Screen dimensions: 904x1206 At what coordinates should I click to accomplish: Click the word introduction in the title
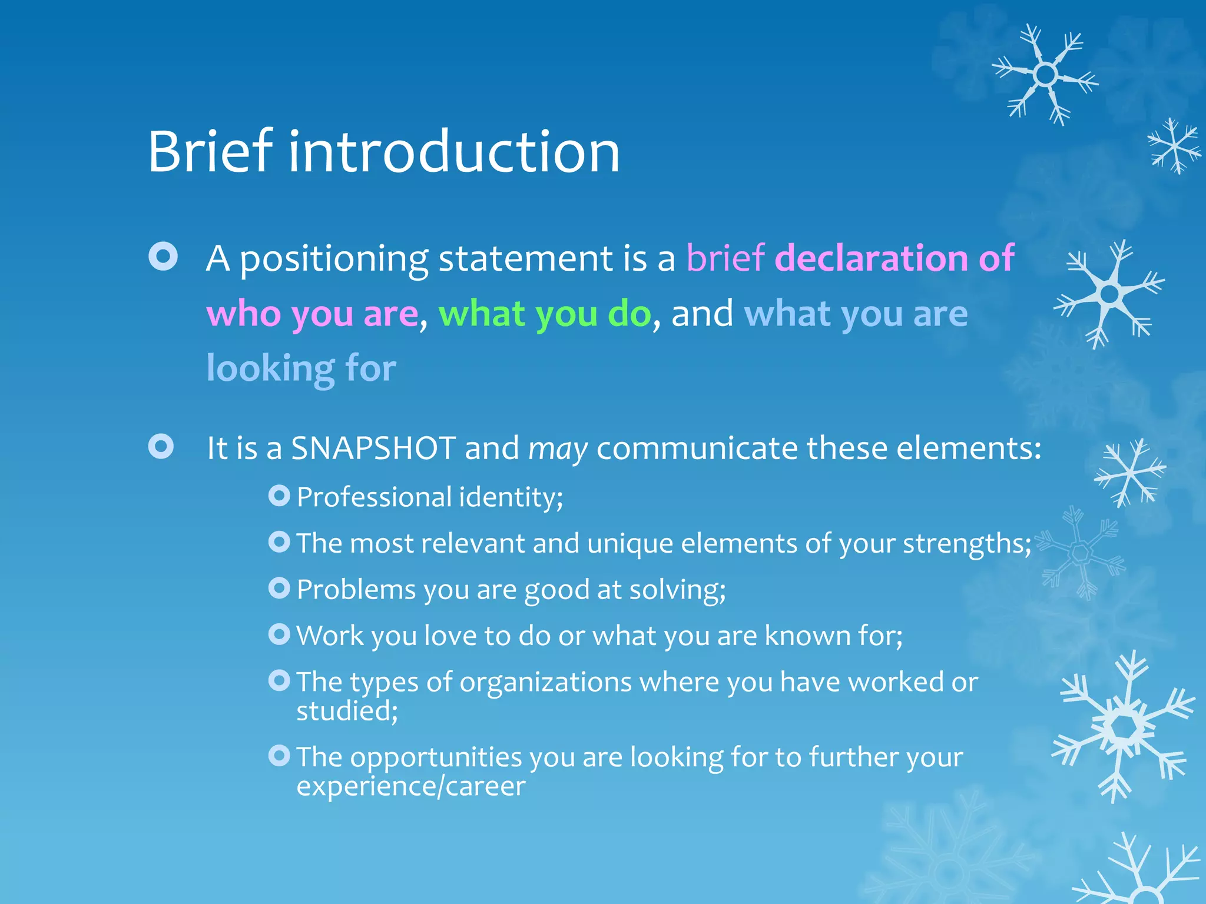point(453,152)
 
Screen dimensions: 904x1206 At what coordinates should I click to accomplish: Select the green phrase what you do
point(545,314)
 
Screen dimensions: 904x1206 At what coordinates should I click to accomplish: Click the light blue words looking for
point(301,369)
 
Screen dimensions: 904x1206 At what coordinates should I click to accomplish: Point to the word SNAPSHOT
point(373,448)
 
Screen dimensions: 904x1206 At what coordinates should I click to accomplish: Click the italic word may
point(558,450)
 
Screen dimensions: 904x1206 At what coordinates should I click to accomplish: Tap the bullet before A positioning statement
point(163,257)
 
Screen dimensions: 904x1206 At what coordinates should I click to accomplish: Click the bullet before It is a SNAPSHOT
point(161,447)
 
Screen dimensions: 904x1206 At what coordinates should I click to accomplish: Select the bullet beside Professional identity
point(279,496)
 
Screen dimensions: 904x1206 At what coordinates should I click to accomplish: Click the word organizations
point(545,683)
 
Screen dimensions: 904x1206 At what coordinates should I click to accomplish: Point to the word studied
point(346,712)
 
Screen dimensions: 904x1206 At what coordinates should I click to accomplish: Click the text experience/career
point(410,787)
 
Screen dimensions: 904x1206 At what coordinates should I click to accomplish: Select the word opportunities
point(436,757)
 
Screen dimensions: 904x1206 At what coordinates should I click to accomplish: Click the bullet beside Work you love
point(279,634)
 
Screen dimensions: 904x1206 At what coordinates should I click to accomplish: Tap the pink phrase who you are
point(312,314)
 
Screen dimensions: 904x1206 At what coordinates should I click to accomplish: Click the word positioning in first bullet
point(334,259)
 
